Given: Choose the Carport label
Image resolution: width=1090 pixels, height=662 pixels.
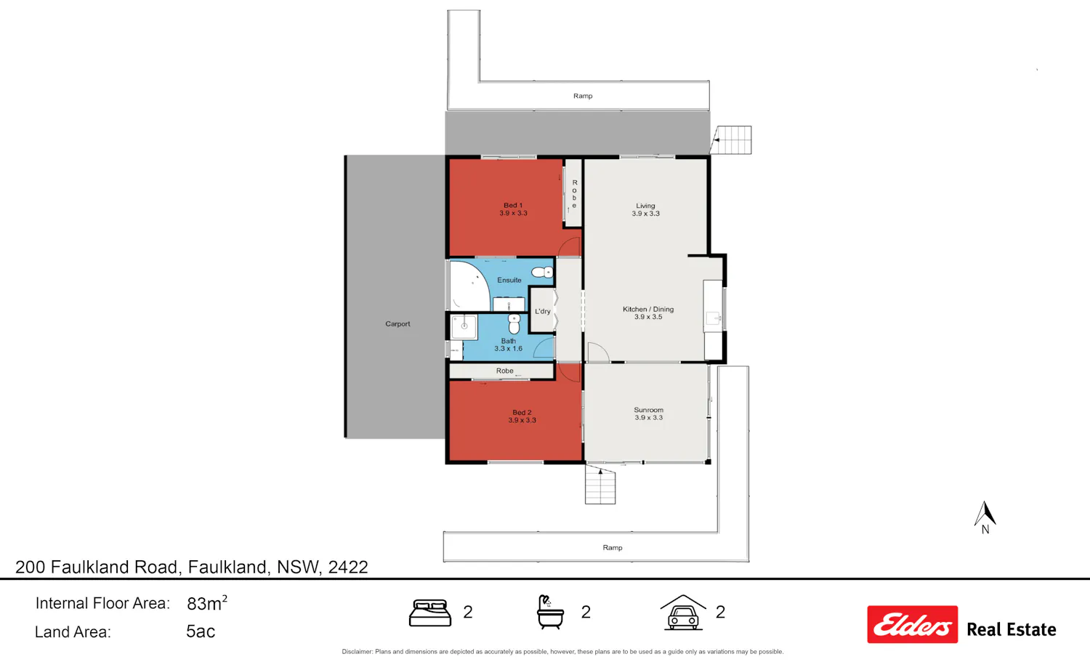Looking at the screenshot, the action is coord(397,323).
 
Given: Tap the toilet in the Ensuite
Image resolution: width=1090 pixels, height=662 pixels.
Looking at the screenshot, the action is coord(541,272).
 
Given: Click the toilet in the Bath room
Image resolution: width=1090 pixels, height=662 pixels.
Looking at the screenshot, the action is coord(514,323).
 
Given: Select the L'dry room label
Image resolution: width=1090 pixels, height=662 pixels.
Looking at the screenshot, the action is coord(543,312).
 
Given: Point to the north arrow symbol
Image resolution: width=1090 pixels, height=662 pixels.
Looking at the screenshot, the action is coord(985,514).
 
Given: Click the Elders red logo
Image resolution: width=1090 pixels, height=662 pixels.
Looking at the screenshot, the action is coord(913,624).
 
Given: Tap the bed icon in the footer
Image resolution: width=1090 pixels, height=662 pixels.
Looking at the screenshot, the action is coord(429,613).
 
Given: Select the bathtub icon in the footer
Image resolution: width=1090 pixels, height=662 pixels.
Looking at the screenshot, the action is coord(550,612).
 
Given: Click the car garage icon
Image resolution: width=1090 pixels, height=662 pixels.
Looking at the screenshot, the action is coord(683,613).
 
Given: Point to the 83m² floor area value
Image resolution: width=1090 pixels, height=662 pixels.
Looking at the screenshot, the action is coord(207,603).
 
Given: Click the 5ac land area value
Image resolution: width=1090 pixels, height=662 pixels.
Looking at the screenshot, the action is coord(201,631).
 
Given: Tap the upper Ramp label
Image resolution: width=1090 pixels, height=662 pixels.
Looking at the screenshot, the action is coord(583,96).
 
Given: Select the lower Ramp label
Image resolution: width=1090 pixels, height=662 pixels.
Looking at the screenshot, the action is coord(612,548).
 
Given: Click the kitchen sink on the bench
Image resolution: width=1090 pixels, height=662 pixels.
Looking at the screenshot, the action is coord(713,319).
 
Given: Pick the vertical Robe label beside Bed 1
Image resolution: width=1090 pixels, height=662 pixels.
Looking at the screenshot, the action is coord(575,194).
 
